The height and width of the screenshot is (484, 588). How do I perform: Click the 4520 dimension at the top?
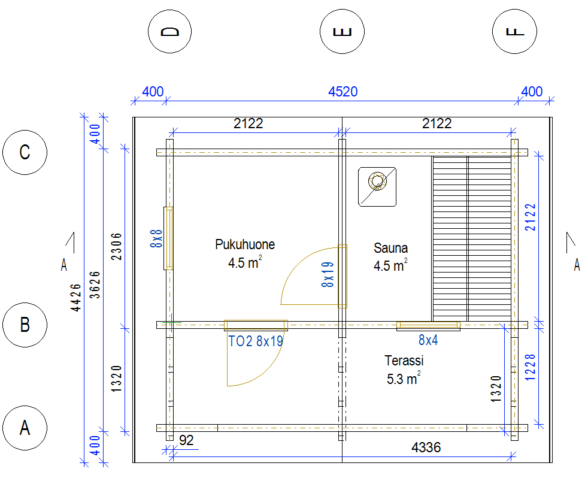343,92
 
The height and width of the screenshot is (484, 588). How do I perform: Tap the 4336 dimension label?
426,447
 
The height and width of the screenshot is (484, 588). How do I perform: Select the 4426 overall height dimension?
76,297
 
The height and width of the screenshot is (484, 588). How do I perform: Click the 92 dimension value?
186,440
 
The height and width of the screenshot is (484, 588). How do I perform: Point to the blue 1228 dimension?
531,368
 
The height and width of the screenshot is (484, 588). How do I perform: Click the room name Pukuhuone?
245,244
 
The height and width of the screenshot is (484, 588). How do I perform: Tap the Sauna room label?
390,248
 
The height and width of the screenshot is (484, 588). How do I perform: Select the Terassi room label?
404,361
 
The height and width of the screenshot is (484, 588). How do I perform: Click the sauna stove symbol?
377,187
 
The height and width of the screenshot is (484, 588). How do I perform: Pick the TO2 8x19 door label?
256,341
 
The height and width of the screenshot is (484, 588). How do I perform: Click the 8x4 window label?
428,340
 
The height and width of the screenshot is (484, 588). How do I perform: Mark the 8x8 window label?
156,238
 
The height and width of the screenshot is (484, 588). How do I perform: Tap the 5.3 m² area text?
404,378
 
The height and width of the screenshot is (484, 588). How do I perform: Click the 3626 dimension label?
96,285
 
